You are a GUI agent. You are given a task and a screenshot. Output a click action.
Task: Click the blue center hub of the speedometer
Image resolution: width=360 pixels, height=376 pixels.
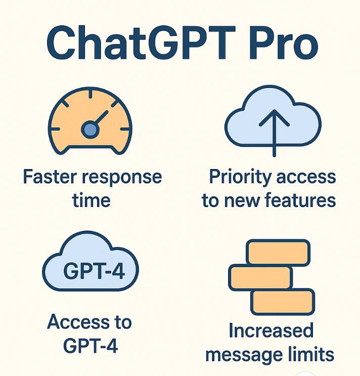point(89,130)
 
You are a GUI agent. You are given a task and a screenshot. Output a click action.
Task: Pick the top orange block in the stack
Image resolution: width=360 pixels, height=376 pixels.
point(278,252)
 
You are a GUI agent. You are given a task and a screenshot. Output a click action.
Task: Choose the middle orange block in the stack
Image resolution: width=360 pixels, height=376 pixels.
point(260,277)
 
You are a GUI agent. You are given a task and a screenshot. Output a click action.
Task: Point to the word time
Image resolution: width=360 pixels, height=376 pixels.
point(91,200)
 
